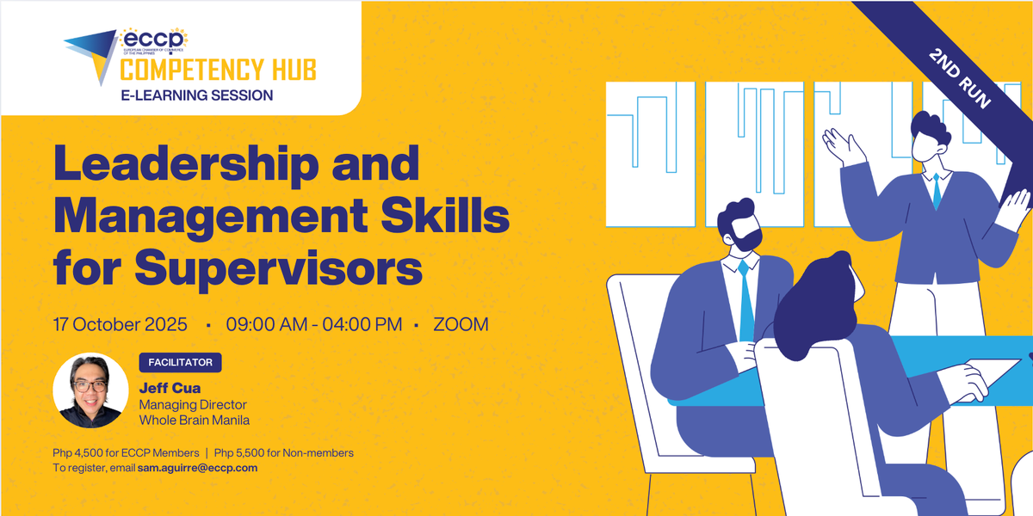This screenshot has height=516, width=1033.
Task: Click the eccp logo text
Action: tap(153, 39)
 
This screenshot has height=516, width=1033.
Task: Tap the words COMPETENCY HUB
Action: tap(218, 70)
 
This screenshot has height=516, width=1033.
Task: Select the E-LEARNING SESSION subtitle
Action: tap(197, 95)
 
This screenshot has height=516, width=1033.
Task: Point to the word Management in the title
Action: tap(211, 217)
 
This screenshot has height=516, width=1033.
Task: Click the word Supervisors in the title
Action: tap(279, 268)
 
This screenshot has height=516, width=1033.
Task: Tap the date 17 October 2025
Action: tap(120, 324)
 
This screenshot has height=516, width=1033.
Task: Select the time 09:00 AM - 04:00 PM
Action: tap(313, 324)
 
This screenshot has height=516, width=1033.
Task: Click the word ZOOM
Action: tap(461, 324)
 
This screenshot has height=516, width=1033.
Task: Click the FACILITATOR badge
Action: tap(180, 363)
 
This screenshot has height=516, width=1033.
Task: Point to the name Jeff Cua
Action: tap(170, 388)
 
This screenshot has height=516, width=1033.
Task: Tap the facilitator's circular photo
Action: tap(90, 390)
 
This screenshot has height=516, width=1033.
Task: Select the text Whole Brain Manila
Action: tap(195, 421)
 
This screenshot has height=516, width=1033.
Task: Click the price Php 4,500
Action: tap(74, 453)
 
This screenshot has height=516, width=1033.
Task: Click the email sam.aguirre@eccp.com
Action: tap(197, 468)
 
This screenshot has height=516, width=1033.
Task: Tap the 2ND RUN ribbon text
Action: tap(959, 78)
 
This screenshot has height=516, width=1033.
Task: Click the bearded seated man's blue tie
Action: tap(745, 300)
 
